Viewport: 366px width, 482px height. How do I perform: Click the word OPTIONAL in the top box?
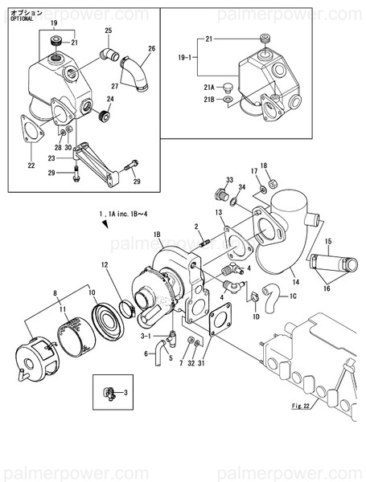[x=22, y=18]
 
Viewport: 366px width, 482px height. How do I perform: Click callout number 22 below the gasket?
[x=31, y=166]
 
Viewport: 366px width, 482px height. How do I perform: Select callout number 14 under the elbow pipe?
[x=294, y=282]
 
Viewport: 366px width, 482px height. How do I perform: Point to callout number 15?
[x=328, y=241]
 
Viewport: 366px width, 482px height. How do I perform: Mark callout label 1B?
[x=158, y=234]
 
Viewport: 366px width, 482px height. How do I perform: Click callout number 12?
[x=104, y=264]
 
